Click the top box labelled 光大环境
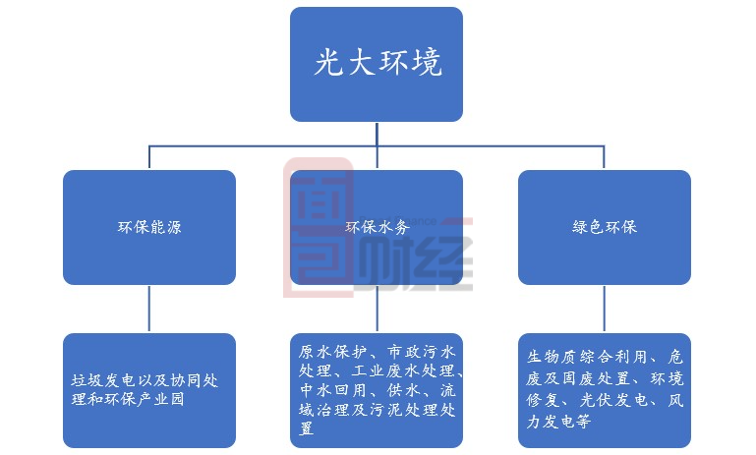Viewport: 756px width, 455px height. point(377,65)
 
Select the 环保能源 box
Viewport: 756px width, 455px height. point(149,227)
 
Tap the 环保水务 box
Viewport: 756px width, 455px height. point(377,227)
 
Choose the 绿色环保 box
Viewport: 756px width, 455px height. point(605,227)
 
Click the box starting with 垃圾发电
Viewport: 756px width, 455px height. point(149,390)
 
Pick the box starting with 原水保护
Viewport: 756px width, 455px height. point(377,390)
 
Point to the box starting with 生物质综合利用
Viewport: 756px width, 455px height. point(605,390)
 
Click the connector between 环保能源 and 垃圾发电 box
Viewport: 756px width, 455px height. point(149,309)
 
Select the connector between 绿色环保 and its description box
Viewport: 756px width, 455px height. point(605,309)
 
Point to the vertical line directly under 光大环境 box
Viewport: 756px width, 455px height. point(377,134)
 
